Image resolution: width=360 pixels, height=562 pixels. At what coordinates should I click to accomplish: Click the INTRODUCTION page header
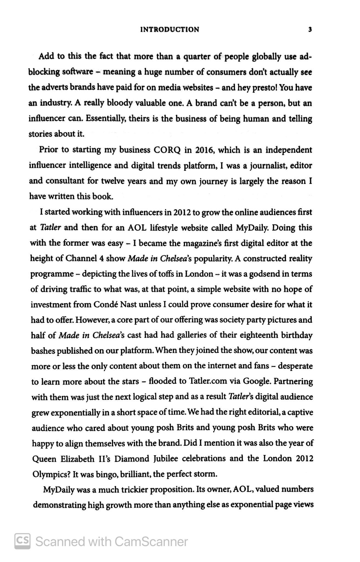pos(170,30)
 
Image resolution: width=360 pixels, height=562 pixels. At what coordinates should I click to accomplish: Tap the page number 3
pos(310,30)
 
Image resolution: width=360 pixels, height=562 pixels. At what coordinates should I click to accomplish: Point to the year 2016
pos(202,150)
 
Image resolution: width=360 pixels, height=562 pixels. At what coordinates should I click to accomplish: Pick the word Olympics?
pos(51,474)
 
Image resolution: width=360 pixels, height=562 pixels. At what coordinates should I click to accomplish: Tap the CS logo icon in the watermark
pos(22,541)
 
